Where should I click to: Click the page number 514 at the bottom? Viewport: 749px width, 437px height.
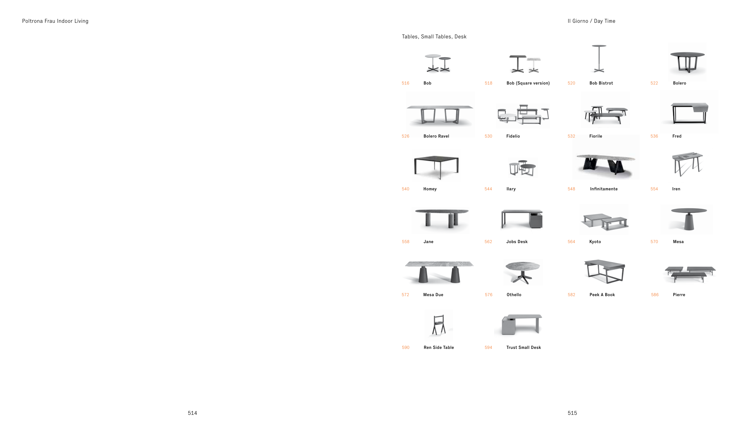(192, 413)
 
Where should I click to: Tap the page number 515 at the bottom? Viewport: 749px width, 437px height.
(572, 413)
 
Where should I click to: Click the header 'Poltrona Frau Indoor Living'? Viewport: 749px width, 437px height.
(55, 21)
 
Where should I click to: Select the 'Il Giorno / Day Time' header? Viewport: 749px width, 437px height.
(591, 21)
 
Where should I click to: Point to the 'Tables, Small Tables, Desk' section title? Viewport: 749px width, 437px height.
(434, 37)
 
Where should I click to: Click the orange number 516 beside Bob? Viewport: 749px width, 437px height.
(405, 83)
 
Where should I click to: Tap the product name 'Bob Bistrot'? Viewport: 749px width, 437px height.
(601, 83)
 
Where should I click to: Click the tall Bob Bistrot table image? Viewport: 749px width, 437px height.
(599, 59)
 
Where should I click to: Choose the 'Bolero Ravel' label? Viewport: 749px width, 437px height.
(436, 136)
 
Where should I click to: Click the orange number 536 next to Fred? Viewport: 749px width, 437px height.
(654, 136)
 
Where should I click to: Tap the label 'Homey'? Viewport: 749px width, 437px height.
(430, 189)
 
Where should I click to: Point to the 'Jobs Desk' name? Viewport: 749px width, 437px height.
(517, 242)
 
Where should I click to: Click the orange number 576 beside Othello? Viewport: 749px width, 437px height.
(488, 295)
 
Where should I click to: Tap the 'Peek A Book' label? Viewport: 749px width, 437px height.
(602, 295)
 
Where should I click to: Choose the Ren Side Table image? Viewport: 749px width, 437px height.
(439, 325)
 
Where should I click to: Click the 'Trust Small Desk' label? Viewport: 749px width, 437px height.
(523, 347)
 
